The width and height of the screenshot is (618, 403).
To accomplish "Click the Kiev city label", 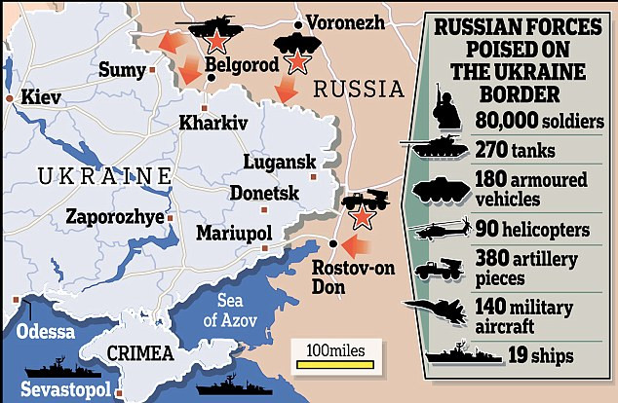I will click(x=39, y=99).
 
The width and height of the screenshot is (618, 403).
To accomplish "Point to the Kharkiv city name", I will click(x=213, y=124).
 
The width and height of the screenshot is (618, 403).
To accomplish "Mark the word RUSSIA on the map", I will click(x=359, y=91).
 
